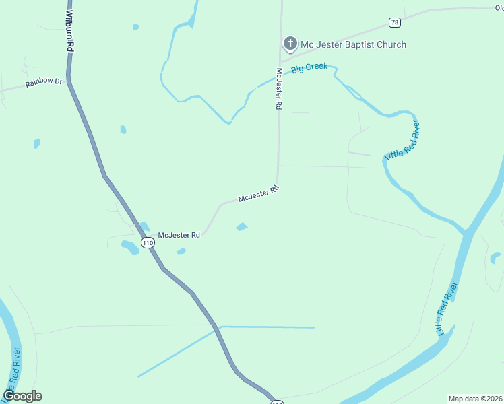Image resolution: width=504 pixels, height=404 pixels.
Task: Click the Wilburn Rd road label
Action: (69, 32)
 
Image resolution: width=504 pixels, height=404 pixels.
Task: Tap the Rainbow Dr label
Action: (44, 83)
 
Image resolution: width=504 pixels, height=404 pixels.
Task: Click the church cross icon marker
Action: (290, 44)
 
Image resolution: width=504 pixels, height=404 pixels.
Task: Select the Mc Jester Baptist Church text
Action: (353, 45)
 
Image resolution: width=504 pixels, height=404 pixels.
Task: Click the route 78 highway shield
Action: (395, 22)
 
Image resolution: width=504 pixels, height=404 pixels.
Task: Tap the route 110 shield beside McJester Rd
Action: (148, 242)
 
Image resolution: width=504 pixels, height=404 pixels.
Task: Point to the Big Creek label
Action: (309, 68)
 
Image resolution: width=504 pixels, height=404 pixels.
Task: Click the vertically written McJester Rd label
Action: (278, 89)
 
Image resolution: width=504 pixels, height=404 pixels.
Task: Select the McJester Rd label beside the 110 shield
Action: (179, 236)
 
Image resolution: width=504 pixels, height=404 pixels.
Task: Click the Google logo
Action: (22, 396)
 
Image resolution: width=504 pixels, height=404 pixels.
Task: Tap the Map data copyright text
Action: (476, 398)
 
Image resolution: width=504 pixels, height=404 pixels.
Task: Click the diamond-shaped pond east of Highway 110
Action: (242, 227)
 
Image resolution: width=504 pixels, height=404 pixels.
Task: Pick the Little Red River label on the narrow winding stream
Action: (402, 140)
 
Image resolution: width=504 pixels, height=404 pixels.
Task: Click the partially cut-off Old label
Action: (498, 8)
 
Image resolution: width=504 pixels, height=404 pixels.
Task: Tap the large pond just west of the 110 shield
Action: (130, 247)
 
